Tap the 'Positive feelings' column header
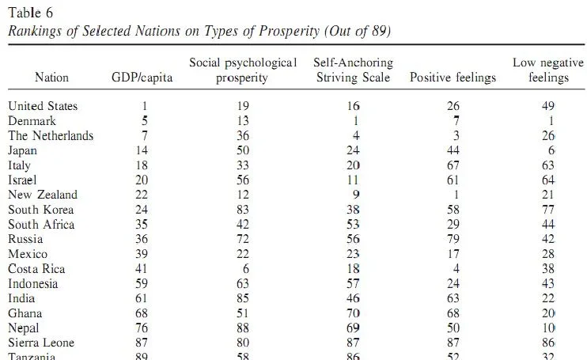tap(453, 78)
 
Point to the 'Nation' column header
tap(52, 78)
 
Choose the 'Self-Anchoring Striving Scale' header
tap(353, 70)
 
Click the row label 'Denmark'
tap(32, 121)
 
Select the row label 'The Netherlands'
tap(51, 135)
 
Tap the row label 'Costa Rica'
tap(37, 269)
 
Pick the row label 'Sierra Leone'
tap(41, 343)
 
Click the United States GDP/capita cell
tap(145, 106)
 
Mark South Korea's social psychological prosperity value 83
tap(242, 210)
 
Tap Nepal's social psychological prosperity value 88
tap(242, 328)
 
